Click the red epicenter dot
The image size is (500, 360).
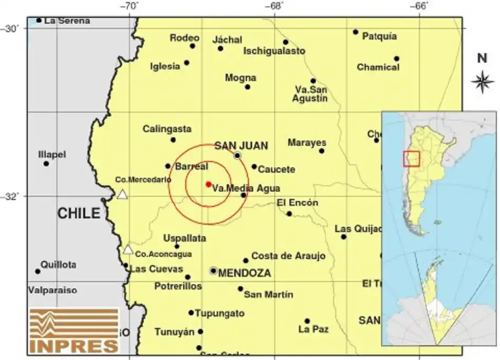(208, 184)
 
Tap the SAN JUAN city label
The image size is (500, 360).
(241, 145)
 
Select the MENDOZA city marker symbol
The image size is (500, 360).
(213, 271)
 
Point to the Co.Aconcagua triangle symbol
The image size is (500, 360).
(128, 249)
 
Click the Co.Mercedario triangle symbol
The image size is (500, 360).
(122, 194)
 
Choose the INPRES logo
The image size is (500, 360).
(74, 331)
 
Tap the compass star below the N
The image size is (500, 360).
(482, 81)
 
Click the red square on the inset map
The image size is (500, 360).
(412, 159)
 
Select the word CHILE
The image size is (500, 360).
(78, 213)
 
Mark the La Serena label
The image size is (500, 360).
(67, 21)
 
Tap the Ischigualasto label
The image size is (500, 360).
(274, 51)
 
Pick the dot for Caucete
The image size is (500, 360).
(254, 167)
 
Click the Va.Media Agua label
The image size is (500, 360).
(246, 188)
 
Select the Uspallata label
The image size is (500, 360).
(184, 238)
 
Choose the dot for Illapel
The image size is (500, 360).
(46, 164)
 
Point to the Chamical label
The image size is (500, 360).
(378, 67)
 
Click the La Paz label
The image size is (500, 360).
(313, 329)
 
